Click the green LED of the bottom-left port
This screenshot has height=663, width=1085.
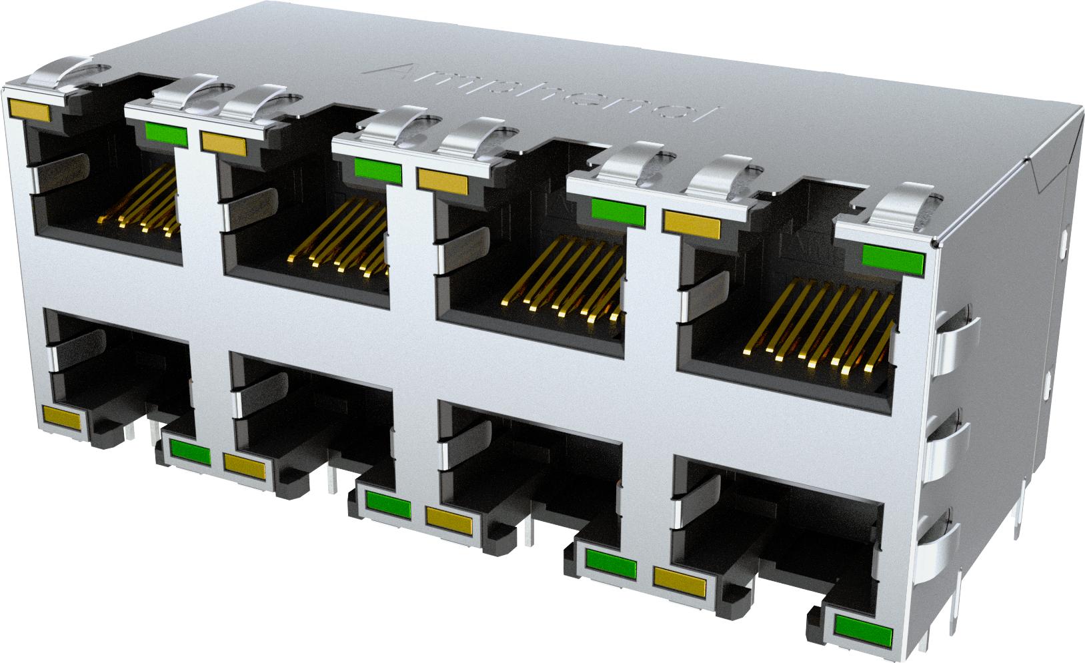pos(190,452)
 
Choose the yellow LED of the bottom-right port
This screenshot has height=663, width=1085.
pos(680,582)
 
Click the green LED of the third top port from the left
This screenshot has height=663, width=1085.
pos(618,213)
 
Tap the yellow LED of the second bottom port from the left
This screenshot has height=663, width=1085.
pos(245,464)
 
